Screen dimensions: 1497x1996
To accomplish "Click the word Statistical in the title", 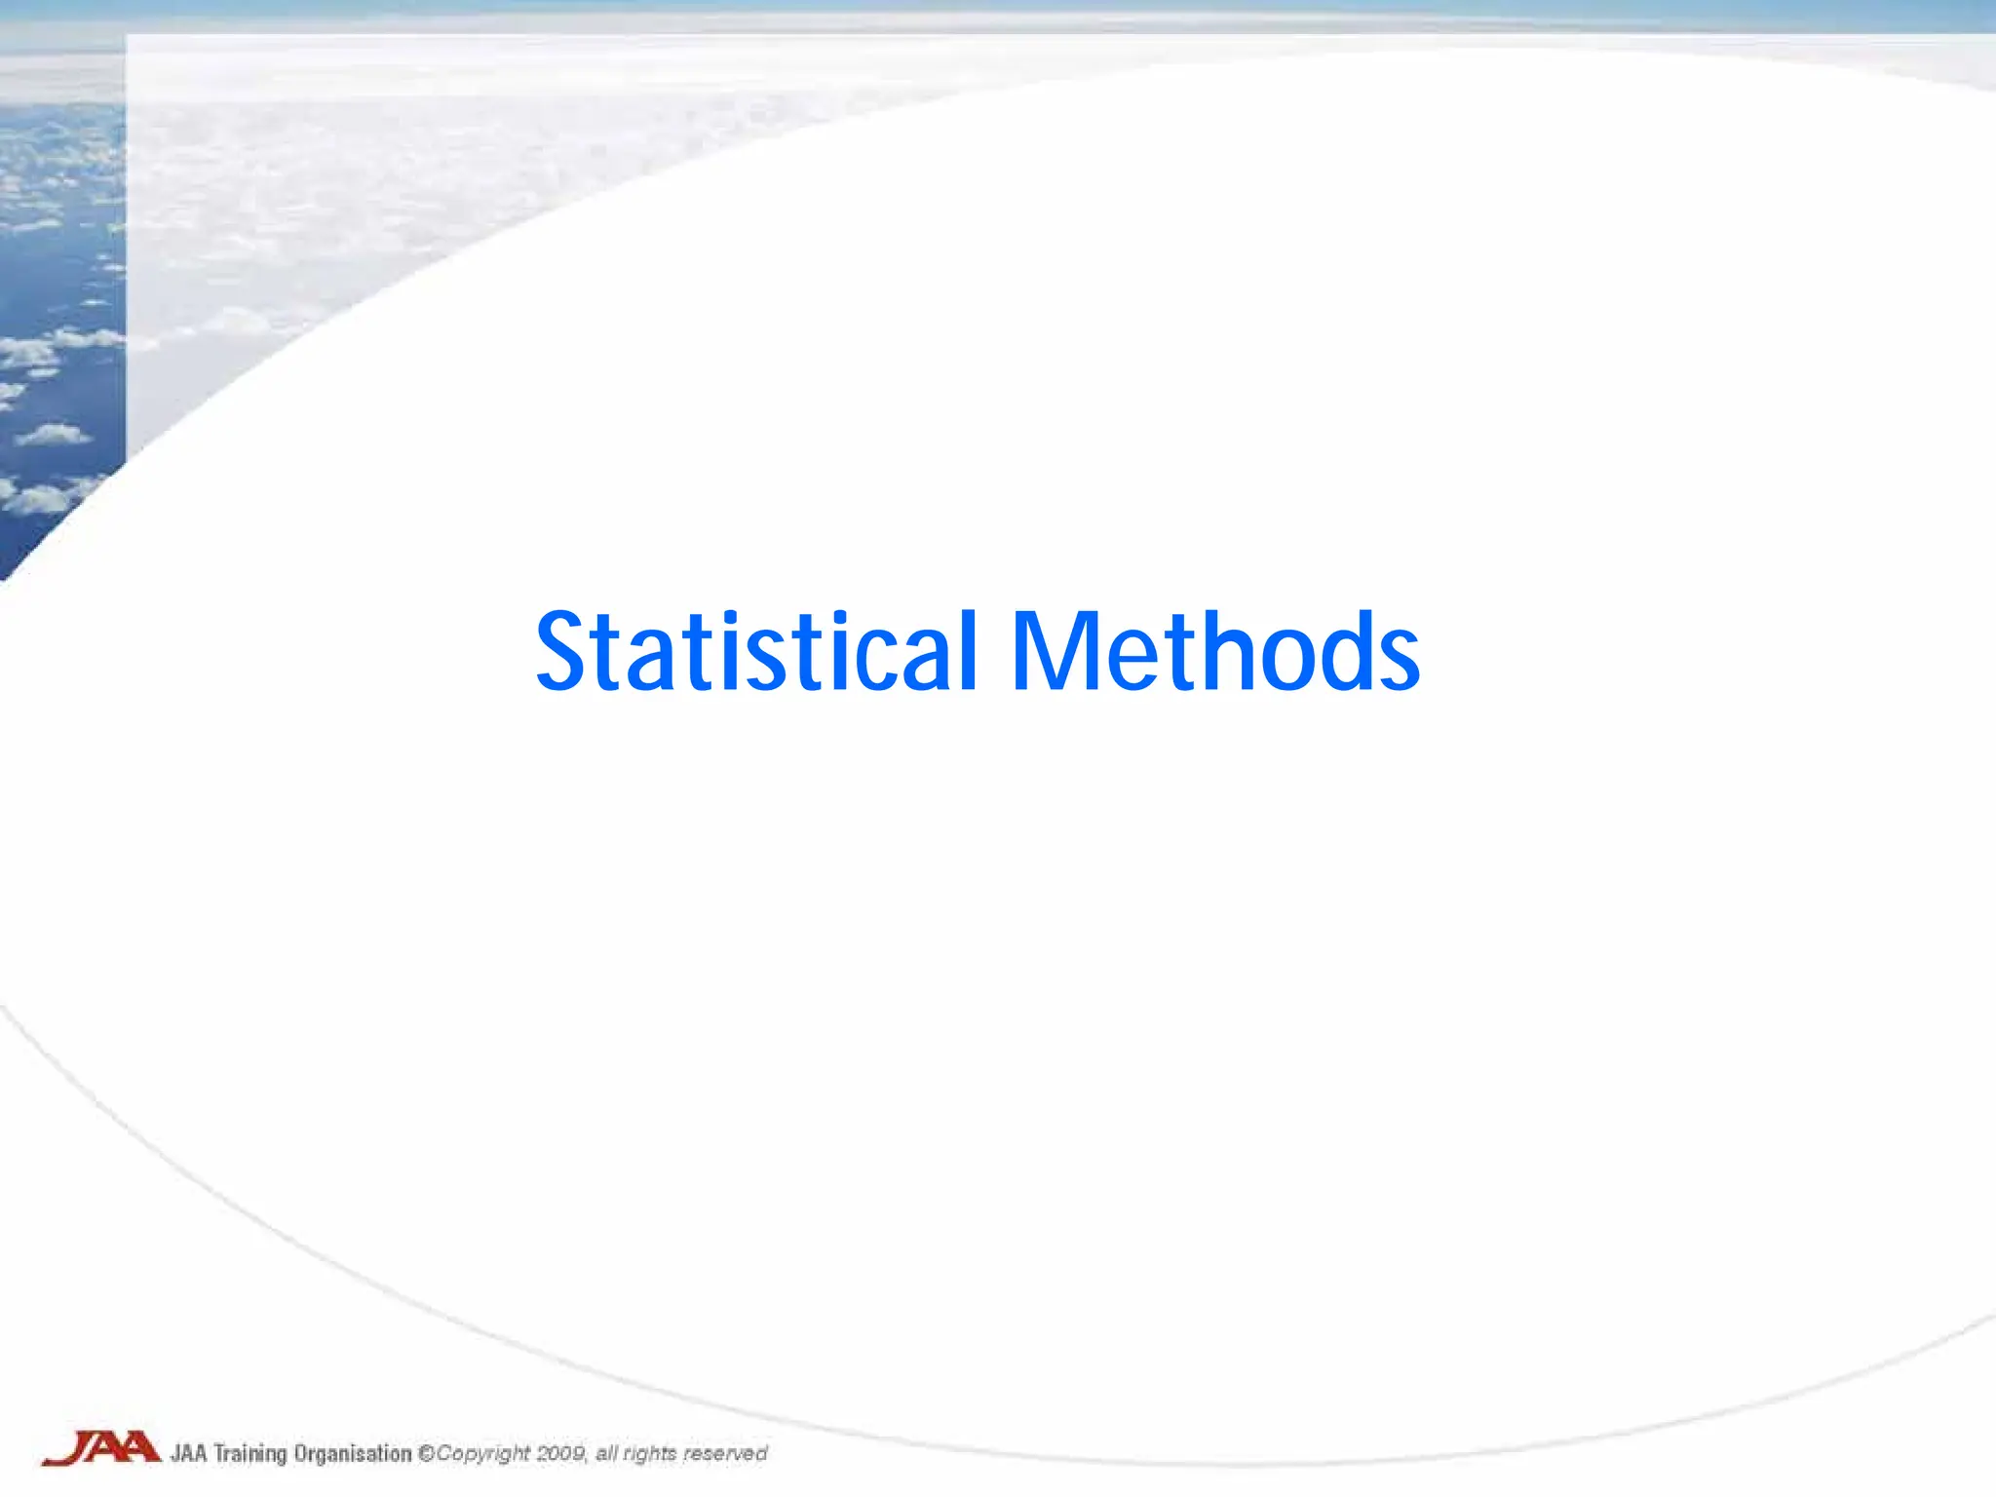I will click(x=756, y=651).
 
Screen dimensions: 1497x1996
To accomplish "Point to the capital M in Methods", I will click(x=1056, y=651).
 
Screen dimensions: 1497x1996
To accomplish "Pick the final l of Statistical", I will click(x=967, y=648).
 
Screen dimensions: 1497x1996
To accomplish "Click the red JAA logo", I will click(x=101, y=1447).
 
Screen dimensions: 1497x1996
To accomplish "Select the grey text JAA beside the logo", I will click(x=189, y=1453).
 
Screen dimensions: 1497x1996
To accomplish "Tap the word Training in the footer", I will click(x=249, y=1454).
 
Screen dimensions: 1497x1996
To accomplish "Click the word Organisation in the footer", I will click(x=353, y=1454).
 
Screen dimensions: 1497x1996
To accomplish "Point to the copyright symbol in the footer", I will click(x=426, y=1453).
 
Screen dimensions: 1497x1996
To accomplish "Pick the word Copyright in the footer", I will click(x=482, y=1454).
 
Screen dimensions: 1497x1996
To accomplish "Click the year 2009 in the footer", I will click(x=560, y=1453).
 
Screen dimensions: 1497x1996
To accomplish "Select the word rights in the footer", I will click(x=649, y=1454).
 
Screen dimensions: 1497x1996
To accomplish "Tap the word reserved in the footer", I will click(x=724, y=1453).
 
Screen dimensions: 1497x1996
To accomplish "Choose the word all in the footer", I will click(x=606, y=1453).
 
